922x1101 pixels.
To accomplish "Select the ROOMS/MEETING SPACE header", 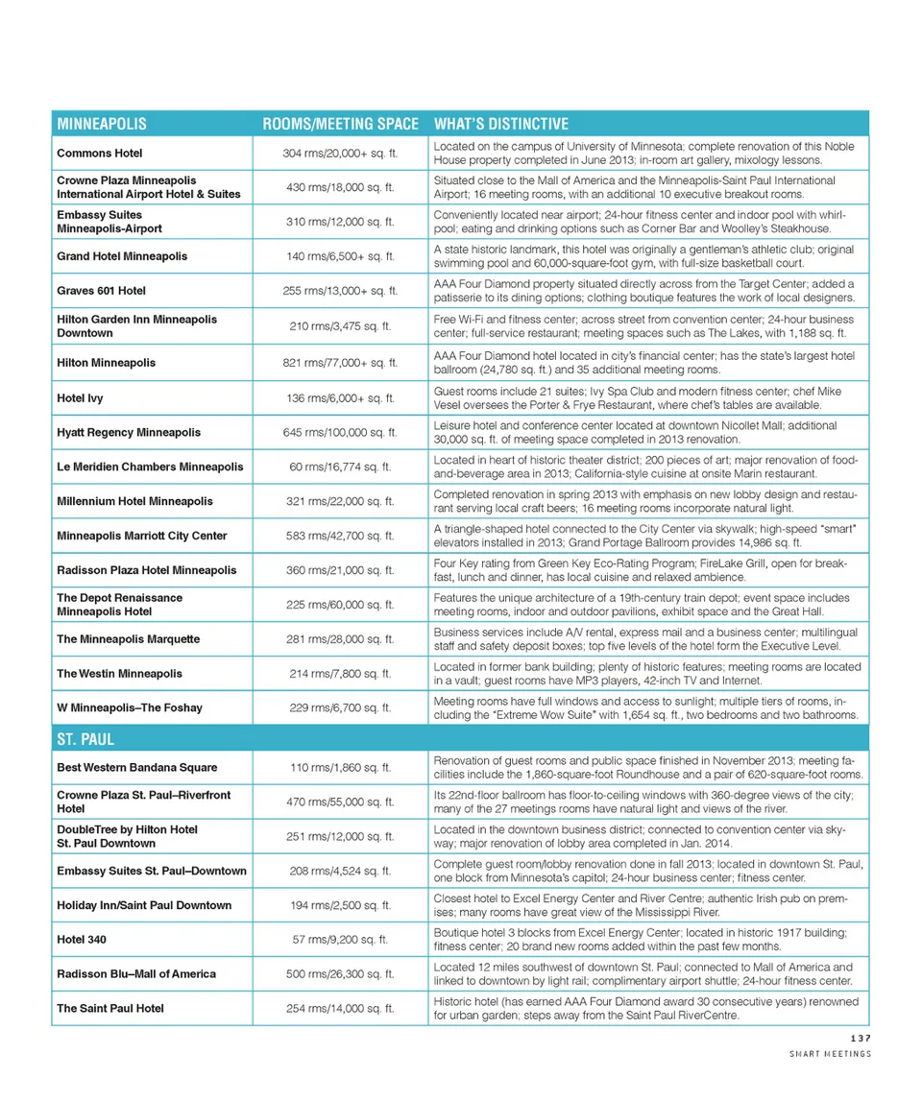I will point(341,124).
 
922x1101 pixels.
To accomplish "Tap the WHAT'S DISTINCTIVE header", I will point(501,124).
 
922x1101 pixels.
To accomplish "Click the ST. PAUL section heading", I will point(80,739).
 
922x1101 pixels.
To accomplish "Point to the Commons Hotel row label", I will point(100,153).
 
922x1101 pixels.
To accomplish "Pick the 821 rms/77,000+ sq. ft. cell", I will point(342,363).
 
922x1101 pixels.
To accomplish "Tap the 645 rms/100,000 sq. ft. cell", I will point(341,432).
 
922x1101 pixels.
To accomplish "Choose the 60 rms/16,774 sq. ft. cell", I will point(341,467).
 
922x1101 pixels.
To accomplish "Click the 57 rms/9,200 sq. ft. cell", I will point(341,939).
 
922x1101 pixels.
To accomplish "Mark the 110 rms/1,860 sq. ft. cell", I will point(341,767).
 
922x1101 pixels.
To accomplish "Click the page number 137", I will point(860,1038).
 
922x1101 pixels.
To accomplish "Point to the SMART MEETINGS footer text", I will point(829,1054).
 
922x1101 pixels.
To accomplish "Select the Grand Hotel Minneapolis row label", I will point(122,256).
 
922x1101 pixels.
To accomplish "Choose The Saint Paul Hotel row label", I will point(110,1008).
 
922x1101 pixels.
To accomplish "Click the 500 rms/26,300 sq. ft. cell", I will point(341,973).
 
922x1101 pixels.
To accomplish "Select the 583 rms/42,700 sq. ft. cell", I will point(341,535).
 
